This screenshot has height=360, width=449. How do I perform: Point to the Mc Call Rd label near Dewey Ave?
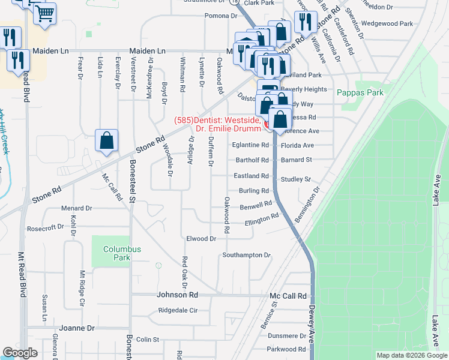point(288,296)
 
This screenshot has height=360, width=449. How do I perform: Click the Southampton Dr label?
point(246,255)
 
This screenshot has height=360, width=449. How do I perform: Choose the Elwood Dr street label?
point(200,239)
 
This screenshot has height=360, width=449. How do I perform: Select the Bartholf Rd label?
point(252,160)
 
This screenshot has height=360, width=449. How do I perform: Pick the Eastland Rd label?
point(252,176)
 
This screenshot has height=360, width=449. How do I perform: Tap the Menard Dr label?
point(76,208)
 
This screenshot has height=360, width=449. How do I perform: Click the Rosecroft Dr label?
point(45,228)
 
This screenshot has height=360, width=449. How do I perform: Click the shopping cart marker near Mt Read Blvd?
point(45,13)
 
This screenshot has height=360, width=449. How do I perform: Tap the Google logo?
point(20,353)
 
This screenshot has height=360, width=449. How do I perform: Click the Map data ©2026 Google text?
point(412,355)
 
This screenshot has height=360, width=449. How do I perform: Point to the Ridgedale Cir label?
point(178,311)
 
